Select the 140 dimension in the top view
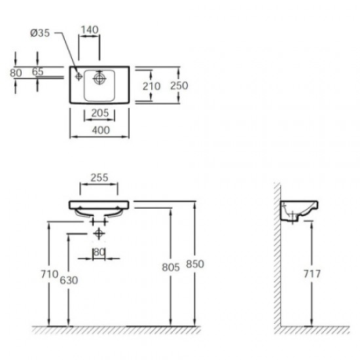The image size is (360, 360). coord(90,29)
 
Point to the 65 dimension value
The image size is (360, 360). coord(38,72)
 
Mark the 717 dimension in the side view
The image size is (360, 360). coord(312,275)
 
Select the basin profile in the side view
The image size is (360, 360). coord(299,211)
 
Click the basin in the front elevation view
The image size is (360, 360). coord(99,208)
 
